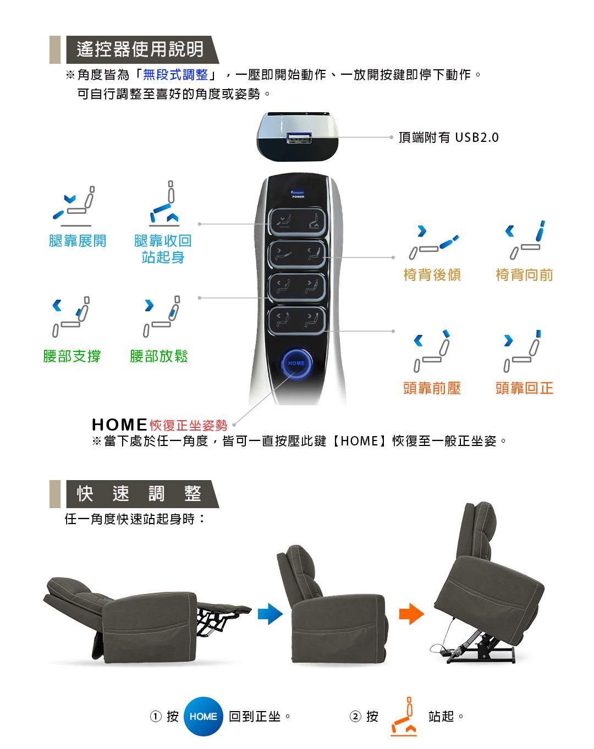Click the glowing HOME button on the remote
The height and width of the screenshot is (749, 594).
[x=296, y=363]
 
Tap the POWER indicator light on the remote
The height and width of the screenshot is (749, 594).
[x=297, y=192]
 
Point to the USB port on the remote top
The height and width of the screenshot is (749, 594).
[x=299, y=138]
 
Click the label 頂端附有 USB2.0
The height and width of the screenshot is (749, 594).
[x=448, y=137]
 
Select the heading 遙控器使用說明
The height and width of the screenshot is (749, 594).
[x=140, y=49]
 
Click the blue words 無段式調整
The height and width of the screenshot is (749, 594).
[x=175, y=74]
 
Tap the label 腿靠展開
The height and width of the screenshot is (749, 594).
[x=78, y=240]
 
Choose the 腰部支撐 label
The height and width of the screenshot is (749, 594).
[x=71, y=356]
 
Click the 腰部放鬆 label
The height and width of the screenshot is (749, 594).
[x=159, y=356]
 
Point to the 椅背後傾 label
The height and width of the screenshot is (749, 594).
[x=432, y=274]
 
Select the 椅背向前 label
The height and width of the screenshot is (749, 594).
[x=524, y=274]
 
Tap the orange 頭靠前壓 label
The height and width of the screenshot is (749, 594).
[x=432, y=388]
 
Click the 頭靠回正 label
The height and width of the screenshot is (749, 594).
[x=524, y=388]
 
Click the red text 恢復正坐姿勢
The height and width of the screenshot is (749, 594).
[x=188, y=425]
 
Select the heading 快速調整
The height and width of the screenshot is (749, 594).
[x=139, y=493]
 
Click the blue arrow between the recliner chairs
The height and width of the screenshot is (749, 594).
[x=270, y=614]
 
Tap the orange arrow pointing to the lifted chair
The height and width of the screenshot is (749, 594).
[x=411, y=614]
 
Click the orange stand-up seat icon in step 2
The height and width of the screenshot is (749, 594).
[x=404, y=717]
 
